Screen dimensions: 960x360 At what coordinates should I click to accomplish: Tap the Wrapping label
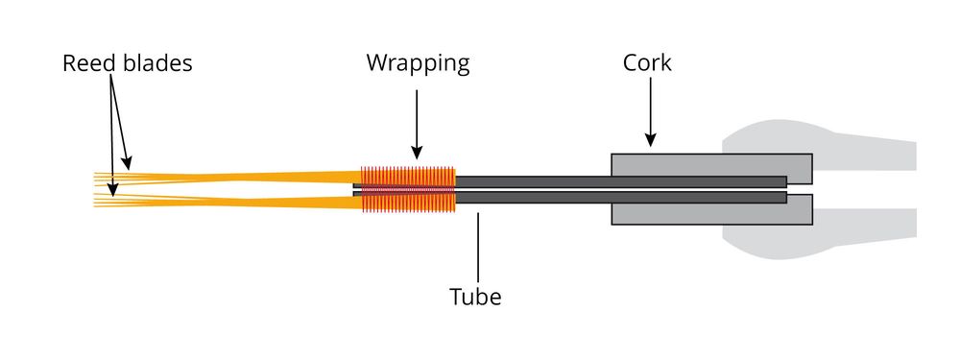coord(419,63)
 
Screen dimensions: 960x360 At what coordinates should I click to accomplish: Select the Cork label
coord(647,63)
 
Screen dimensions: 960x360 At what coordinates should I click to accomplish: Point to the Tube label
coord(476,297)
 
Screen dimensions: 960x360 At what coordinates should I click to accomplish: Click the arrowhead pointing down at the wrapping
coord(417,153)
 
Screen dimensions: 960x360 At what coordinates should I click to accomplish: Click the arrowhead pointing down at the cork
coord(650,140)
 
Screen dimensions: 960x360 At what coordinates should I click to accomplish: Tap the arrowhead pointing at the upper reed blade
coord(126,163)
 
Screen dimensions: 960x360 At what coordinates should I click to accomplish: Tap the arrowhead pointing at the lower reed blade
coord(112,190)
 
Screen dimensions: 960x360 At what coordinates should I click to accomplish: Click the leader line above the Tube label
coord(478,248)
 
